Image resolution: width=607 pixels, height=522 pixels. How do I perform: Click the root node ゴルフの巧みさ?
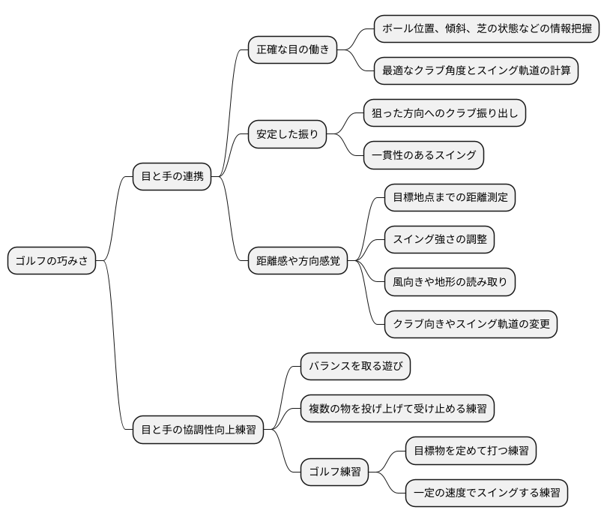(52, 261)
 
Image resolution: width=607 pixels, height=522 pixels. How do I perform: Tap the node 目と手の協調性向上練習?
(198, 430)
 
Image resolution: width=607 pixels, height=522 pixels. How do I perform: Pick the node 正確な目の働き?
(292, 50)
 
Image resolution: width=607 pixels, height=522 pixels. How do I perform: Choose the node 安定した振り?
(288, 135)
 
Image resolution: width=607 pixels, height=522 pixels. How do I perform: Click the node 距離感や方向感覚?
(298, 261)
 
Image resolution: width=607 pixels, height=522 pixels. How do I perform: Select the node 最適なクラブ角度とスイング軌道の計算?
(477, 71)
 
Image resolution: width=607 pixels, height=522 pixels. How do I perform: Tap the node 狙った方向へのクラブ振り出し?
(444, 114)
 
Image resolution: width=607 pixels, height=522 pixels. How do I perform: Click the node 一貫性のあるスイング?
(423, 156)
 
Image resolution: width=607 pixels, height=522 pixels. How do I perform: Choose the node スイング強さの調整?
(439, 240)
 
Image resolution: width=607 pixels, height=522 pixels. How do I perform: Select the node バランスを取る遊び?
(355, 367)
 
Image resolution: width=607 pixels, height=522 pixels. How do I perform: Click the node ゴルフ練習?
(334, 472)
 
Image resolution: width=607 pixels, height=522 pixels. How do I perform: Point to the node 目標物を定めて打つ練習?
(471, 451)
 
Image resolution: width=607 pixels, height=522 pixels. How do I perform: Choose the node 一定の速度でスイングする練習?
(486, 493)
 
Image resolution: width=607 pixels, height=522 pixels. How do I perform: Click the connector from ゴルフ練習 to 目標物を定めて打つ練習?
(387, 459)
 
